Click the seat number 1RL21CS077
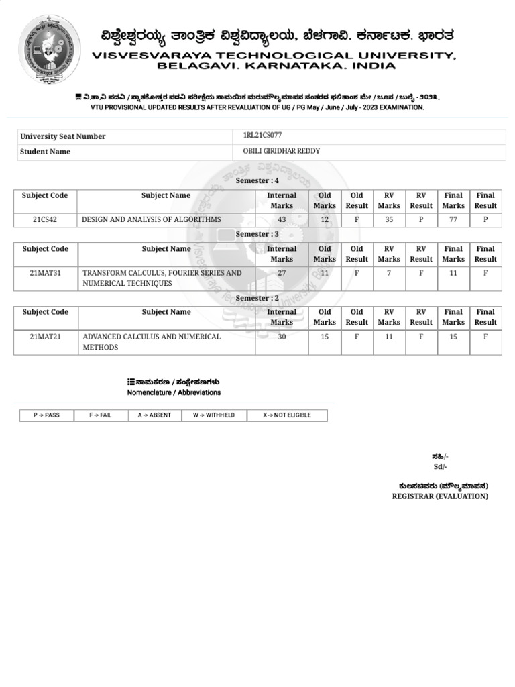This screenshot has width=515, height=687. click(x=262, y=136)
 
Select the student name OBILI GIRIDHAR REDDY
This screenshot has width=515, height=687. click(x=281, y=151)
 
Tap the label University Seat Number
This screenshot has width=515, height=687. click(x=62, y=136)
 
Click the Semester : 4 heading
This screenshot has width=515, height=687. click(x=257, y=181)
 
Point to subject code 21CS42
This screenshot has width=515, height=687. click(x=45, y=219)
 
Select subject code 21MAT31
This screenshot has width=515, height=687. click(x=45, y=273)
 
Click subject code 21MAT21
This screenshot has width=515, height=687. click(x=45, y=337)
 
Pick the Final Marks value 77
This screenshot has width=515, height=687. click(x=453, y=219)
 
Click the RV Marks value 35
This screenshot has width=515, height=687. click(x=389, y=219)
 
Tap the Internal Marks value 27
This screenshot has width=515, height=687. click(x=282, y=273)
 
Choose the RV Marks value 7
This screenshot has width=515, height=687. click(x=389, y=273)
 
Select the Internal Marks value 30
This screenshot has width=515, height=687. click(x=282, y=337)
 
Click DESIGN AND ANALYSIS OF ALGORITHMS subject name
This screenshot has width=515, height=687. click(x=151, y=219)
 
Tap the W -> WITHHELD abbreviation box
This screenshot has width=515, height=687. click(x=214, y=415)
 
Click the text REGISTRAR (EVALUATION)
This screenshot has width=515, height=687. click(x=440, y=496)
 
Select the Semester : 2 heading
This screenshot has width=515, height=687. click(x=257, y=298)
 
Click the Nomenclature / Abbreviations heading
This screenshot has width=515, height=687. click(x=174, y=392)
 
